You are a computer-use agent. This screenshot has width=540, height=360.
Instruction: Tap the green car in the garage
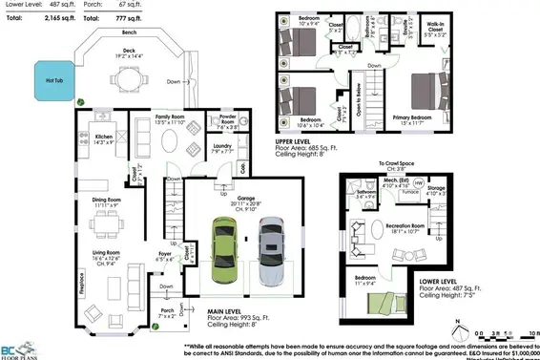pyautogui.click(x=224, y=253)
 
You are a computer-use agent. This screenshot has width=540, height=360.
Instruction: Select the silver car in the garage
pyautogui.click(x=272, y=253)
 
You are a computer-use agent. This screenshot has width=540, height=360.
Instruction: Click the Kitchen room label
pyautogui.click(x=104, y=137)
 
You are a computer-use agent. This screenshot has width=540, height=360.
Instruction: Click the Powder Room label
pyautogui.click(x=228, y=122)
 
